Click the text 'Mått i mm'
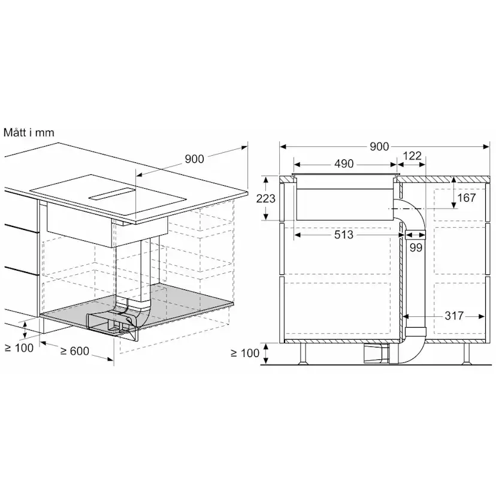(29, 132)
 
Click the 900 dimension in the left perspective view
(194, 159)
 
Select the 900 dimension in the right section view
(379, 147)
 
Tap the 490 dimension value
(343, 164)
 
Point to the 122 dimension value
(412, 156)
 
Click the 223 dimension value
(265, 198)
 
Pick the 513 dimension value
(343, 235)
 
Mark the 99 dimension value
(415, 247)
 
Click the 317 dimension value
(454, 316)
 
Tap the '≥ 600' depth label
(74, 350)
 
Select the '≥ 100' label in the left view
(19, 348)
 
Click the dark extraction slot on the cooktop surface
(112, 194)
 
